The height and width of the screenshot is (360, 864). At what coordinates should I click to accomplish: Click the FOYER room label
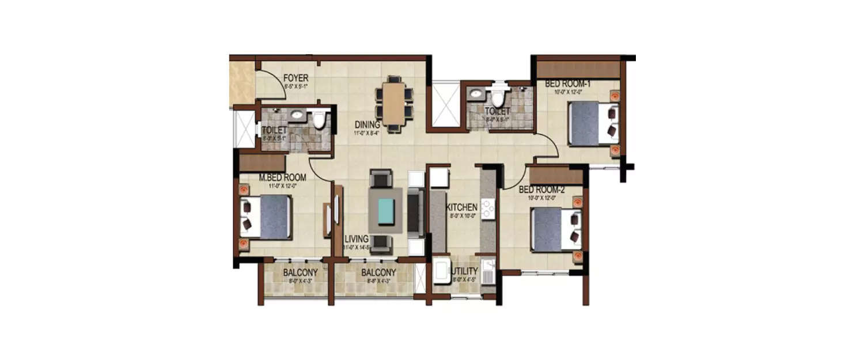pos(295,78)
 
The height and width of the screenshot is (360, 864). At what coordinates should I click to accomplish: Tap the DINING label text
pos(367,124)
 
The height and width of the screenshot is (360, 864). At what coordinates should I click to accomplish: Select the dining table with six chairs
pos(394,104)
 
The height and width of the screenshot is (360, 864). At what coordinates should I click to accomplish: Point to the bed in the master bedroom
pos(267,217)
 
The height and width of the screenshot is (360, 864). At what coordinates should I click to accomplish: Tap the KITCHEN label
pos(462,207)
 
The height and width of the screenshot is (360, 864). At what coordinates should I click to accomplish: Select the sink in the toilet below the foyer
pos(297,115)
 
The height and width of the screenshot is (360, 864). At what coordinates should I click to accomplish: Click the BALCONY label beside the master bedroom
pos(297,273)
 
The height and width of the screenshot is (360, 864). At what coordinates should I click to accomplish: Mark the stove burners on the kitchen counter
pos(488,209)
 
